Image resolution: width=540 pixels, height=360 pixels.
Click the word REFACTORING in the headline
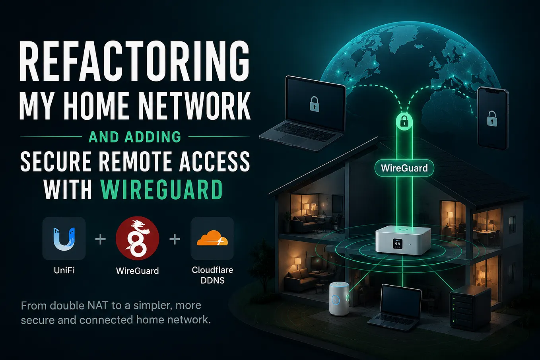[x=134, y=62]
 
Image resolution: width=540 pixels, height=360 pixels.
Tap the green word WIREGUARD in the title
[x=161, y=190]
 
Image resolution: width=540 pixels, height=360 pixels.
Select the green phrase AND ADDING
[x=135, y=137]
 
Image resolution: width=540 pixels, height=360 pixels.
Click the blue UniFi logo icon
[x=64, y=238]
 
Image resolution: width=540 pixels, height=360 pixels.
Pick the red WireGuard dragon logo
[x=138, y=238]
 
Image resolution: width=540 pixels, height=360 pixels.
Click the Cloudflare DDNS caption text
[x=212, y=275]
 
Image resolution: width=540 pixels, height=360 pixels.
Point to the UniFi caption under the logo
[x=64, y=270]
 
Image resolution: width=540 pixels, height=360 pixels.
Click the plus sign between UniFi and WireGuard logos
[x=101, y=239]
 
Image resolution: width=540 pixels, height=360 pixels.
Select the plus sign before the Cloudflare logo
[x=175, y=239]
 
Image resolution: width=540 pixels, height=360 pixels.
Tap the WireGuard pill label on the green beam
[x=404, y=168]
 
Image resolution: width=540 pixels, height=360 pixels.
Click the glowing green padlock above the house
[x=404, y=122]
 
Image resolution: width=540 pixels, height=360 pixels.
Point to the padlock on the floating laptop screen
[x=315, y=104]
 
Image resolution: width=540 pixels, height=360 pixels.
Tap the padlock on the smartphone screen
[x=492, y=119]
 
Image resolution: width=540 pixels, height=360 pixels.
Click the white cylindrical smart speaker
[x=339, y=299]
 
